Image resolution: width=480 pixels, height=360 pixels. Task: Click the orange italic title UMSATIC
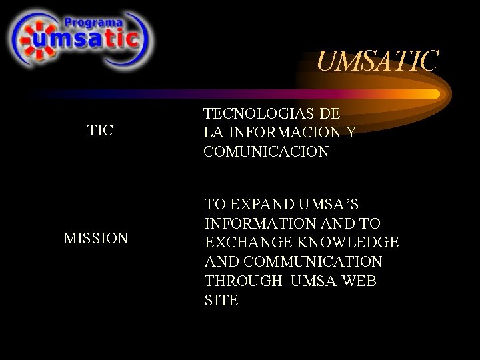coord(377,62)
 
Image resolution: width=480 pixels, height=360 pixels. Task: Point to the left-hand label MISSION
coord(96,238)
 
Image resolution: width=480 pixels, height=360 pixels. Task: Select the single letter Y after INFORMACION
coord(351,133)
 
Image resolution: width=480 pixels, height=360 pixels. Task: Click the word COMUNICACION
coord(267,151)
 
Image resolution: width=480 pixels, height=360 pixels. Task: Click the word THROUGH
coord(243,281)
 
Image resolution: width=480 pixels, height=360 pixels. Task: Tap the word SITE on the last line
coord(221,300)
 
